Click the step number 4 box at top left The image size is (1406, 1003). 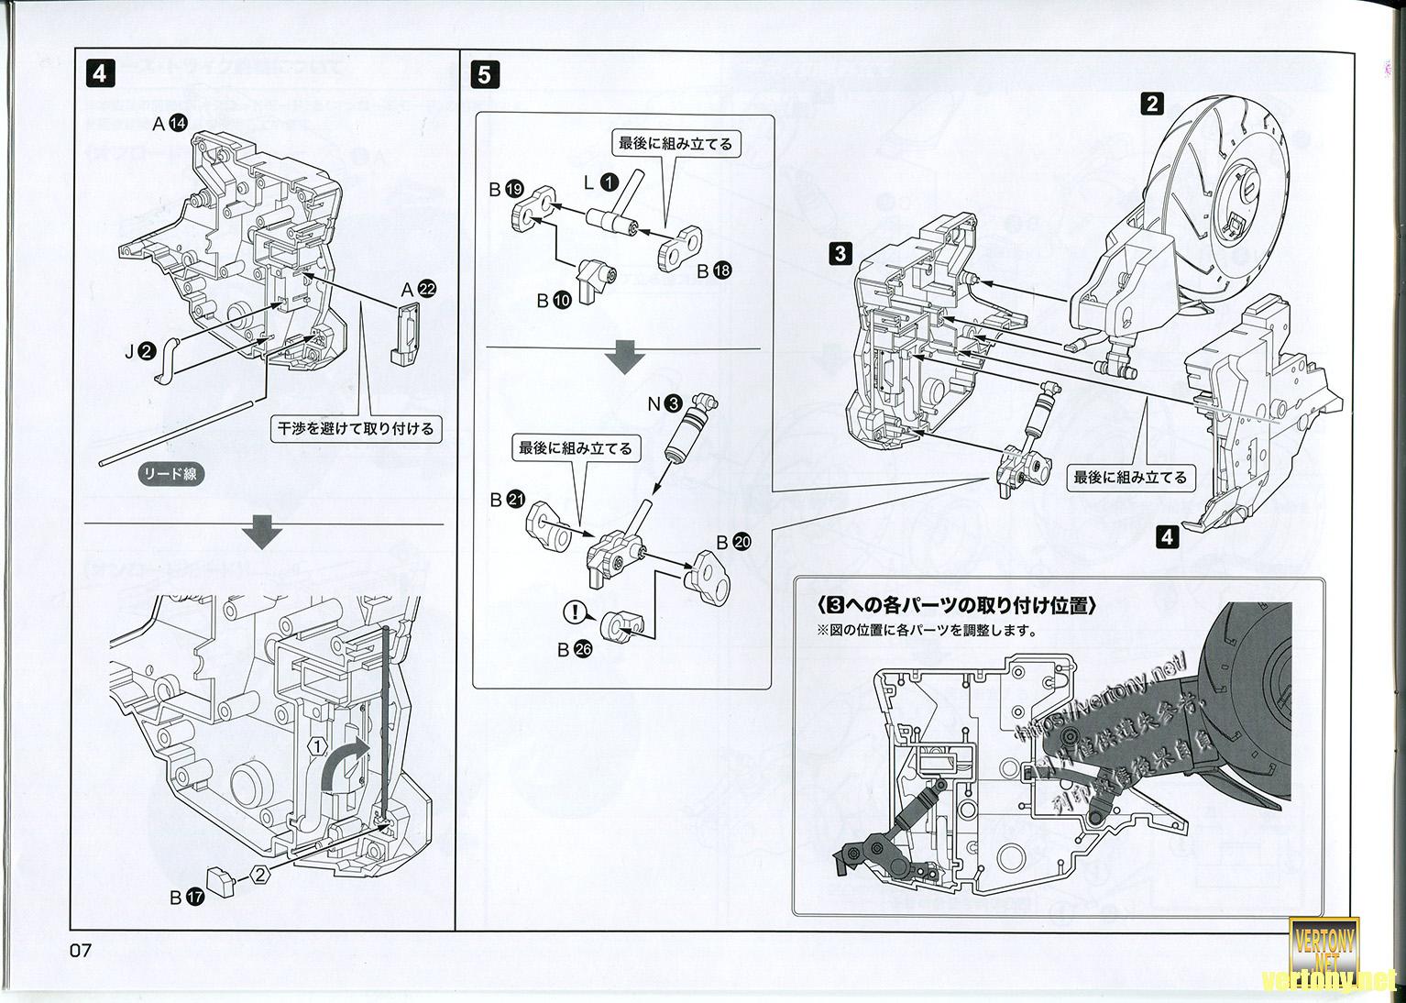[x=99, y=73]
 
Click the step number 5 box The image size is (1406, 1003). [x=484, y=73]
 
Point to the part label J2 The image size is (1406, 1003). [x=139, y=348]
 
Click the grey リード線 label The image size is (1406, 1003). [x=169, y=474]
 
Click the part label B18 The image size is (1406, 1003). [x=714, y=270]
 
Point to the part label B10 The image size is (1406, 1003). [x=554, y=300]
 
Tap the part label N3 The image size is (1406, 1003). [x=665, y=402]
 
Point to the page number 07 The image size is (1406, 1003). [x=81, y=951]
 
